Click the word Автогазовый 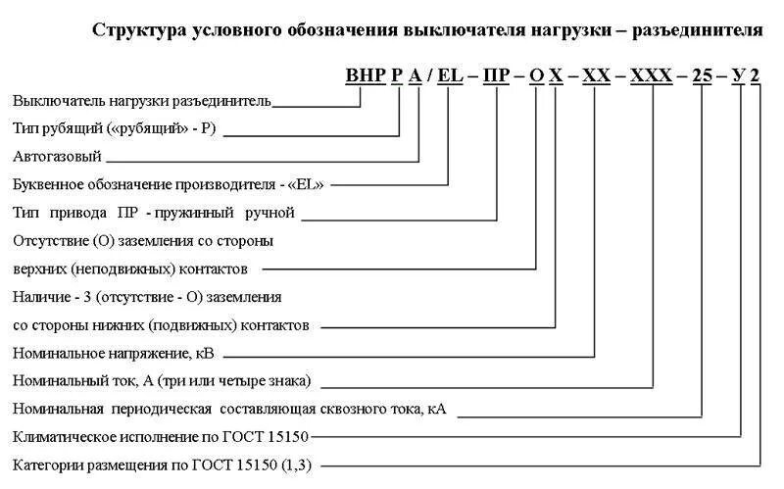56,156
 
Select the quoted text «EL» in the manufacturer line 304,183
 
